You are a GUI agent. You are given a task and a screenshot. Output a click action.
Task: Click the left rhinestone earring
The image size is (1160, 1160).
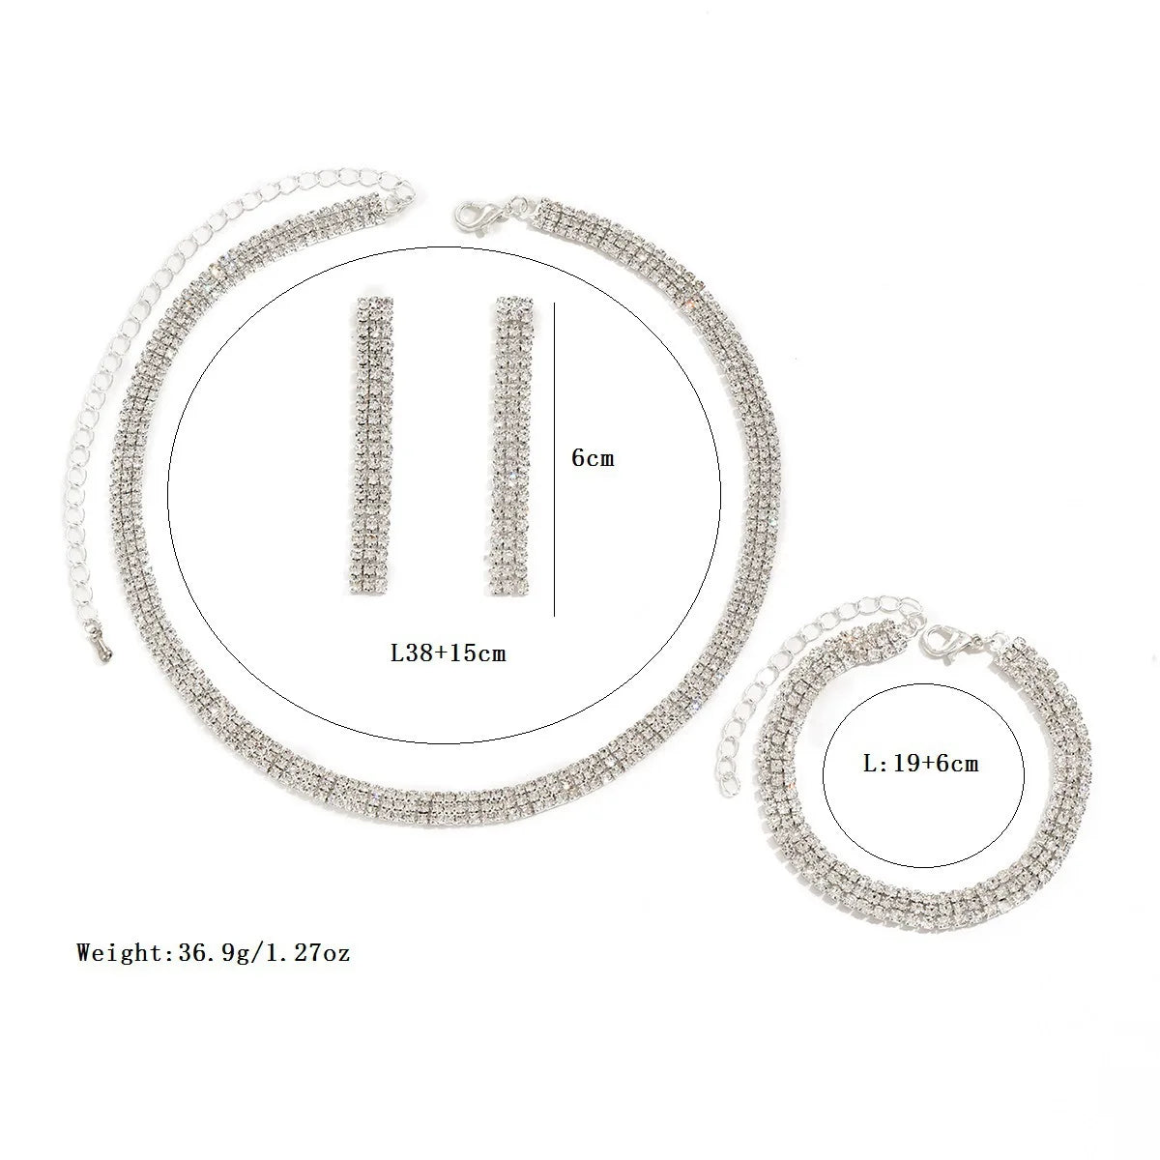click(x=371, y=446)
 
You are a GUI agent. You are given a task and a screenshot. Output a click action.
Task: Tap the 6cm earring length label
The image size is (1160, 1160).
click(x=592, y=457)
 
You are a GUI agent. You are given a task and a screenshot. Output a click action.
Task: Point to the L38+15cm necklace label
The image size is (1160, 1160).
click(x=448, y=652)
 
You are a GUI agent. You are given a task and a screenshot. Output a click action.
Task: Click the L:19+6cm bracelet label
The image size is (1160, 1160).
click(x=919, y=764)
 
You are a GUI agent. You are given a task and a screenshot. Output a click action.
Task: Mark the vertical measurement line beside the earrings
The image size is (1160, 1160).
click(x=554, y=459)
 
